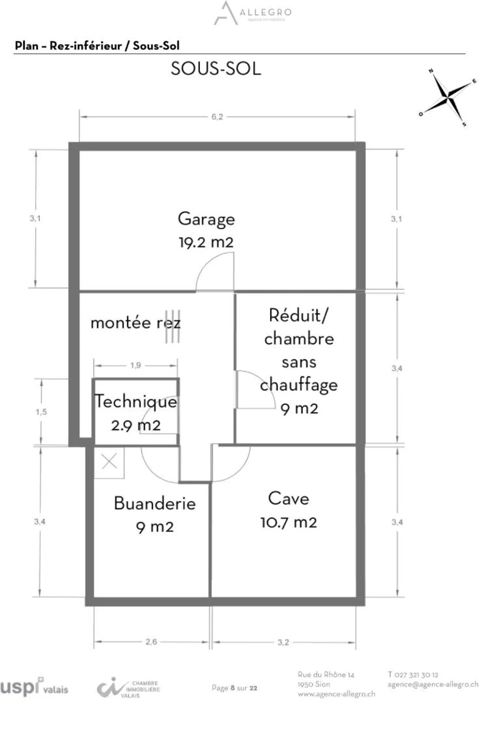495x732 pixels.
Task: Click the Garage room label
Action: (x=206, y=219)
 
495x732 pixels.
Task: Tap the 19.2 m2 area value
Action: (x=206, y=242)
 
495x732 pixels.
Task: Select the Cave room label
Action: (x=288, y=498)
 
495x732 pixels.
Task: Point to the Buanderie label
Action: (x=155, y=503)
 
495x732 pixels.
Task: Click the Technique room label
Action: (x=136, y=401)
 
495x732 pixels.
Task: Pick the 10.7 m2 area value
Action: (x=288, y=522)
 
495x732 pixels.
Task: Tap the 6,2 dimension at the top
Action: (x=217, y=117)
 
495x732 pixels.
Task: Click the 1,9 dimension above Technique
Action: (x=135, y=365)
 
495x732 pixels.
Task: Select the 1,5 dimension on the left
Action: (x=41, y=412)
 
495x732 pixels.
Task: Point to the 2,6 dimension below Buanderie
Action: (x=151, y=642)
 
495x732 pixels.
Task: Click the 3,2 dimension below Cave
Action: (x=283, y=642)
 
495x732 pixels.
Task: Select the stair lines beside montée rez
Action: (x=173, y=326)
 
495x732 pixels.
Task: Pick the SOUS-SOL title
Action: (x=216, y=69)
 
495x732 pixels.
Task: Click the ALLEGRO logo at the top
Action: (x=253, y=13)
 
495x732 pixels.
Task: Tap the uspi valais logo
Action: (x=34, y=687)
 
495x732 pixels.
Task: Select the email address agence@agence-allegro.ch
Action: (x=433, y=684)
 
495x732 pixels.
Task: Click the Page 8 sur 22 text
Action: (x=234, y=688)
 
